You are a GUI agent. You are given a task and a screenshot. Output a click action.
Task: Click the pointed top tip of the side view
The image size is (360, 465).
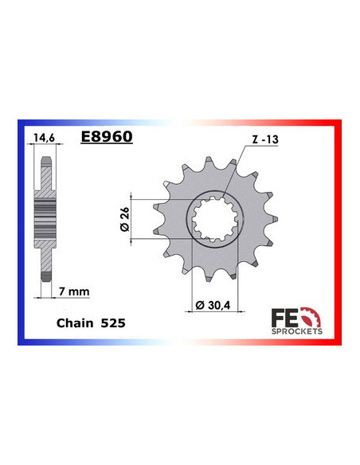tap(46, 156)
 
